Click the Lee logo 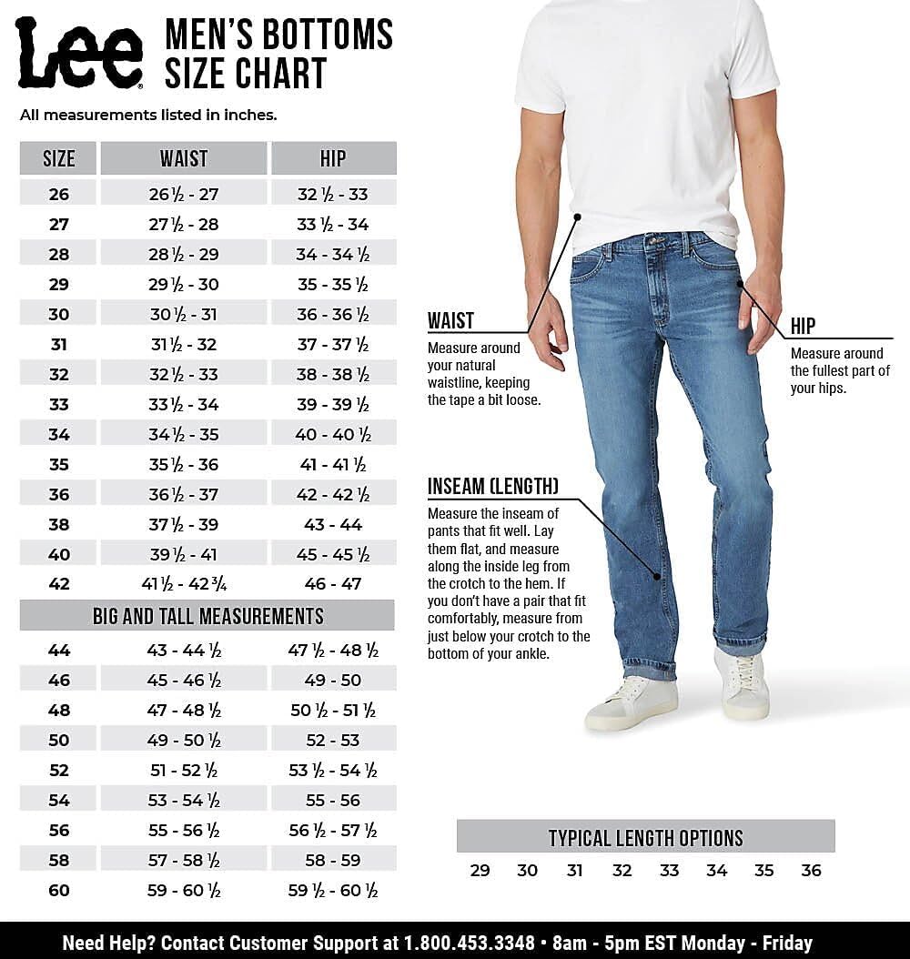tap(79, 53)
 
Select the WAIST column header tap(184, 158)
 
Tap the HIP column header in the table tap(333, 158)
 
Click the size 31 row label tap(59, 345)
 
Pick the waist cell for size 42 tap(184, 584)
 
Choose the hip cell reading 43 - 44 tap(333, 524)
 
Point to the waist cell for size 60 tap(184, 891)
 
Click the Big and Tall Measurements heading tap(207, 616)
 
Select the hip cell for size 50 tap(333, 741)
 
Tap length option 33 tap(669, 871)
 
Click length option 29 tap(480, 871)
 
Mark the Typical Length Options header tap(645, 838)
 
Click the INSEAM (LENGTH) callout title tap(493, 486)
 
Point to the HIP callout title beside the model tap(803, 326)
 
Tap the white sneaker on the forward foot tap(632, 702)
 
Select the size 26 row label tap(59, 194)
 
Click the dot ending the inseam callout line tap(656, 574)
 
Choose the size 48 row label tap(59, 711)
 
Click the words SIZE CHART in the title tap(245, 73)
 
